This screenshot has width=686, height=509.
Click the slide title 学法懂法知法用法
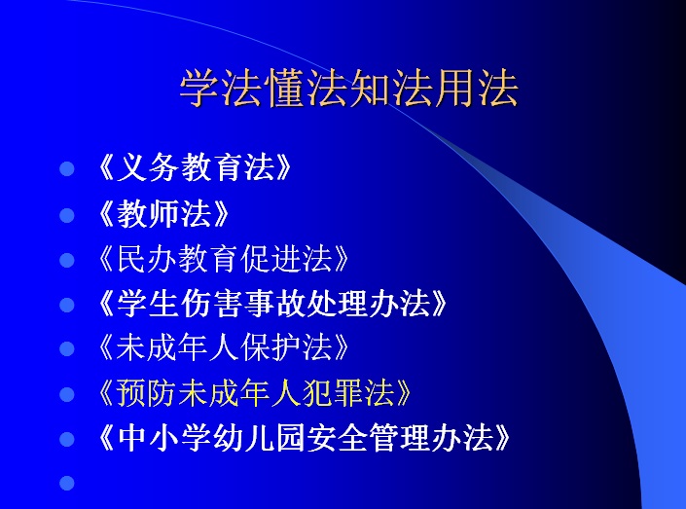(348, 88)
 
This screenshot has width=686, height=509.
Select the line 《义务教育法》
(195, 167)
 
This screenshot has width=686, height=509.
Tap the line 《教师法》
(163, 213)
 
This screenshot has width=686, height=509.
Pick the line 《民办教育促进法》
(223, 259)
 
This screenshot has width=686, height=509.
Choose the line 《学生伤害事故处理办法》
(272, 304)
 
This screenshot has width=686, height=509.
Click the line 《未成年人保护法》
(223, 348)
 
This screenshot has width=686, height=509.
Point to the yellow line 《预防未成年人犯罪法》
(254, 393)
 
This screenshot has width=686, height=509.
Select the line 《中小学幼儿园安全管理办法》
(304, 438)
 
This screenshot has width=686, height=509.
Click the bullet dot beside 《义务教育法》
(67, 169)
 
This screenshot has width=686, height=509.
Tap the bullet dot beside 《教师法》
(67, 215)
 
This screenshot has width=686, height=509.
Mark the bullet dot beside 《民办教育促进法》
(67, 260)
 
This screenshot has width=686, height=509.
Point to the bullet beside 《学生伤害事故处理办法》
(67, 305)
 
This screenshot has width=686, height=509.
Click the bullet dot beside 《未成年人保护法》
(67, 349)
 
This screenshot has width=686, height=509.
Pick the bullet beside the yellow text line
(67, 394)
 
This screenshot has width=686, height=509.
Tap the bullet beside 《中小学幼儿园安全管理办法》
(67, 439)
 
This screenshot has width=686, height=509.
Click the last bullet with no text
(67, 483)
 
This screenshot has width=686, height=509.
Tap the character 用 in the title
(455, 88)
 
